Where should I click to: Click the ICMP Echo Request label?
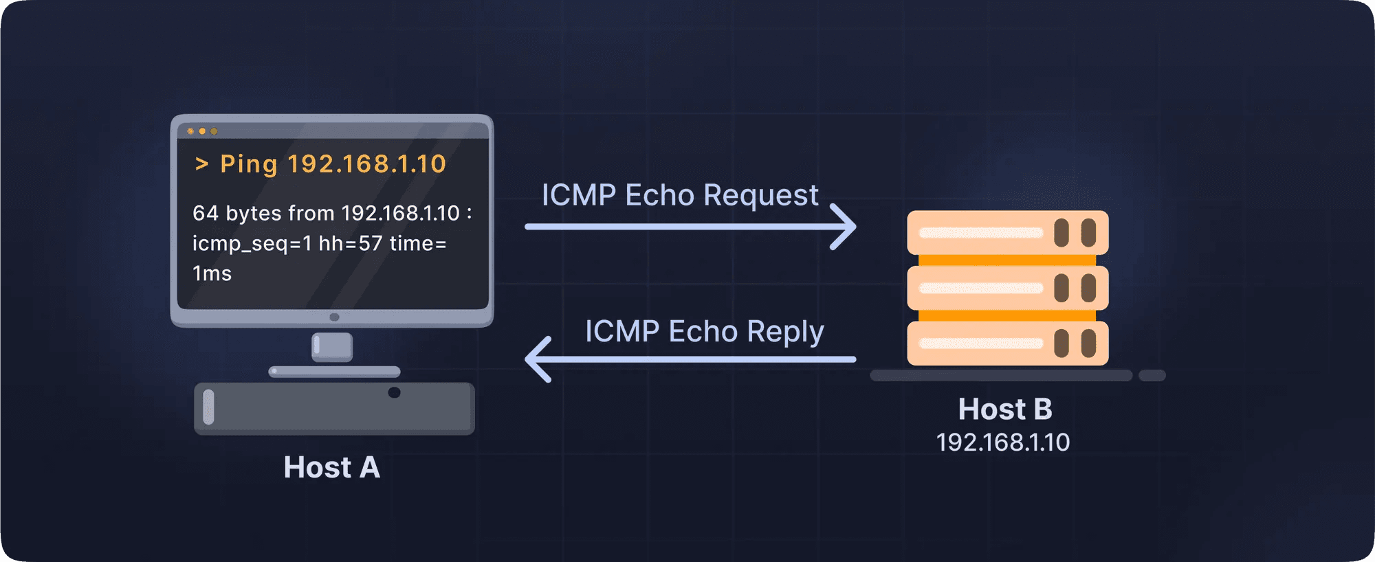coord(679,195)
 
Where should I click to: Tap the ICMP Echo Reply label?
coord(704,331)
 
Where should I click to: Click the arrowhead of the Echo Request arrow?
coord(844,227)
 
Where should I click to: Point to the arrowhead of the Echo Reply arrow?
coord(538,359)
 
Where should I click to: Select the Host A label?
coord(331,467)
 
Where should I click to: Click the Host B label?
coord(1004,409)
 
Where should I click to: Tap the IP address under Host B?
coord(1002,442)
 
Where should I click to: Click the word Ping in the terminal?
coord(248,164)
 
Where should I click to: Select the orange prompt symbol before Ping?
coord(201,164)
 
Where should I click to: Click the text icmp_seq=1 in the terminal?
coord(252,243)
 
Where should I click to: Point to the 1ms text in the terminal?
coord(212,273)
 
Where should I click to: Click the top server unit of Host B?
coord(1007,233)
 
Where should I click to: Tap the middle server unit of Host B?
coord(1007,288)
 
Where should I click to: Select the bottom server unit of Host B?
coord(1007,343)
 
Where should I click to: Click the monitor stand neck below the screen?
coord(332,346)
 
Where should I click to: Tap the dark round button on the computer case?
coord(394,392)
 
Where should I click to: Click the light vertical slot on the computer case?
coord(209,407)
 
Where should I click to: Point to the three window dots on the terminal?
coord(202,131)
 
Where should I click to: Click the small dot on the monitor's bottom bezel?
coord(334,317)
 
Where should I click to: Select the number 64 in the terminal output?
coord(205,213)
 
